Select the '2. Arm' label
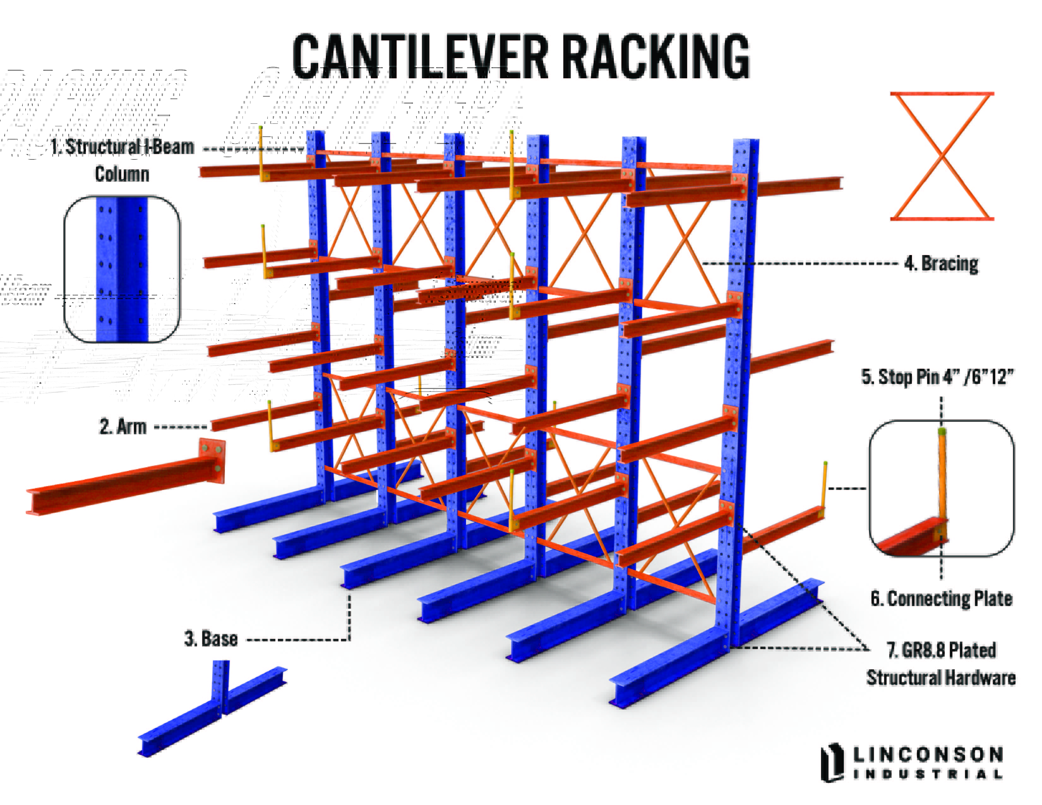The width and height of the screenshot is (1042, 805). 123,426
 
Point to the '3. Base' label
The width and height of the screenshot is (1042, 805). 211,639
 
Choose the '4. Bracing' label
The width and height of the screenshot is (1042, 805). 941,263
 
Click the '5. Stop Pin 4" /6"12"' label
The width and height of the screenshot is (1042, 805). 937,377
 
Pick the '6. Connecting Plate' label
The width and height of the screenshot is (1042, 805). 941,599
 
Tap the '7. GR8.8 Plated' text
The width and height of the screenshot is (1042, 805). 941,650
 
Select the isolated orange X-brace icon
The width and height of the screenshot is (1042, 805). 942,156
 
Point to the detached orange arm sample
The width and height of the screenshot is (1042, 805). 119,486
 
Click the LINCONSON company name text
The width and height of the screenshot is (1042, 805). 928,754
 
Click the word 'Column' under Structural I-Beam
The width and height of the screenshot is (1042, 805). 122,174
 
